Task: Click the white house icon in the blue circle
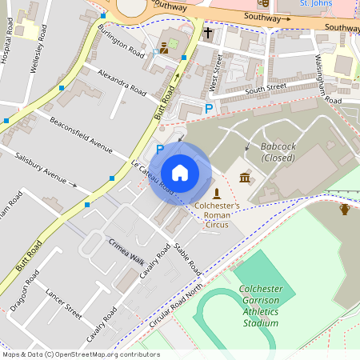(x=180, y=172)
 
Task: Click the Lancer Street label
(x=64, y=302)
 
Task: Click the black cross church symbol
(x=208, y=34)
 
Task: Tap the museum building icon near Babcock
(x=245, y=177)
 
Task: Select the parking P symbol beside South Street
(x=209, y=108)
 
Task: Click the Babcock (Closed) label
(x=278, y=152)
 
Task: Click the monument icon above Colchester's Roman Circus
(x=217, y=194)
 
